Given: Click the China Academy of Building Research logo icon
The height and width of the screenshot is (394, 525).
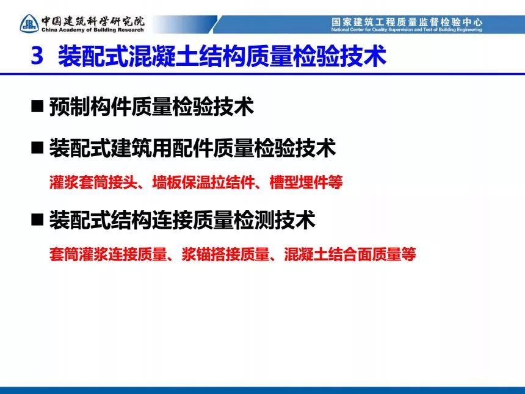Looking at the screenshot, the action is tap(29, 24).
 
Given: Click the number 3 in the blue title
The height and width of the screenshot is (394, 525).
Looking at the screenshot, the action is tap(37, 56).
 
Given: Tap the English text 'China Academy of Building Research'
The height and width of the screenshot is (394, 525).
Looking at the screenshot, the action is tap(93, 30).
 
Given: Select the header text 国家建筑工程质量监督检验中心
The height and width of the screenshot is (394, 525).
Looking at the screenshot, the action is tap(407, 22).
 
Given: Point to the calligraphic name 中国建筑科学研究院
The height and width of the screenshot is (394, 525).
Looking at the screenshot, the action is tap(93, 21).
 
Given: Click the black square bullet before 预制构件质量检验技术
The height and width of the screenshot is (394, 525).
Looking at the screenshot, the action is tap(37, 106).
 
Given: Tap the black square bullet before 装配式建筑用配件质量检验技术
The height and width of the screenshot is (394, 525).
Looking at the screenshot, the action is tap(37, 147).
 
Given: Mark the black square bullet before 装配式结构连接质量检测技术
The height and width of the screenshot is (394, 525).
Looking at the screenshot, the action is tap(37, 220).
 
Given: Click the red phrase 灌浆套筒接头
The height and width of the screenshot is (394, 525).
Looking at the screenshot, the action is tap(93, 182).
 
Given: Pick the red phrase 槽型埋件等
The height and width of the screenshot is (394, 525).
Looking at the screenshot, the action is tap(306, 182).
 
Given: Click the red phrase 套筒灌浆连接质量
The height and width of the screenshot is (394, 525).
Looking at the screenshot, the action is tap(108, 254).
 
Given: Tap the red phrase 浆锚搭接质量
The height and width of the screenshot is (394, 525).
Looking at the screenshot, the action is tap(225, 254).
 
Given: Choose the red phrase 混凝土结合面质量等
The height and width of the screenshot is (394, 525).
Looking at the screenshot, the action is tap(350, 254).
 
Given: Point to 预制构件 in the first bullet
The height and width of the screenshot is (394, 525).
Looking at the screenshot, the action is tap(90, 107).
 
